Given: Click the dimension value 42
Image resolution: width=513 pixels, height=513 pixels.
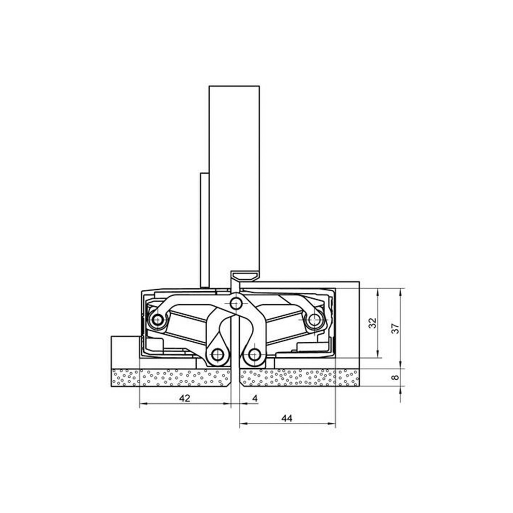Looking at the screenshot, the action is click(185, 398).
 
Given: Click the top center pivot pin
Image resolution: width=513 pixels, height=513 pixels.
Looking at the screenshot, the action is click(235, 302).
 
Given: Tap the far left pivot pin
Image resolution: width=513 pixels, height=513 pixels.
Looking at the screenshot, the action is click(157, 320).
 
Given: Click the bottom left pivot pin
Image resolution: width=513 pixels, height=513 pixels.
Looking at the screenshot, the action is click(217, 355).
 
